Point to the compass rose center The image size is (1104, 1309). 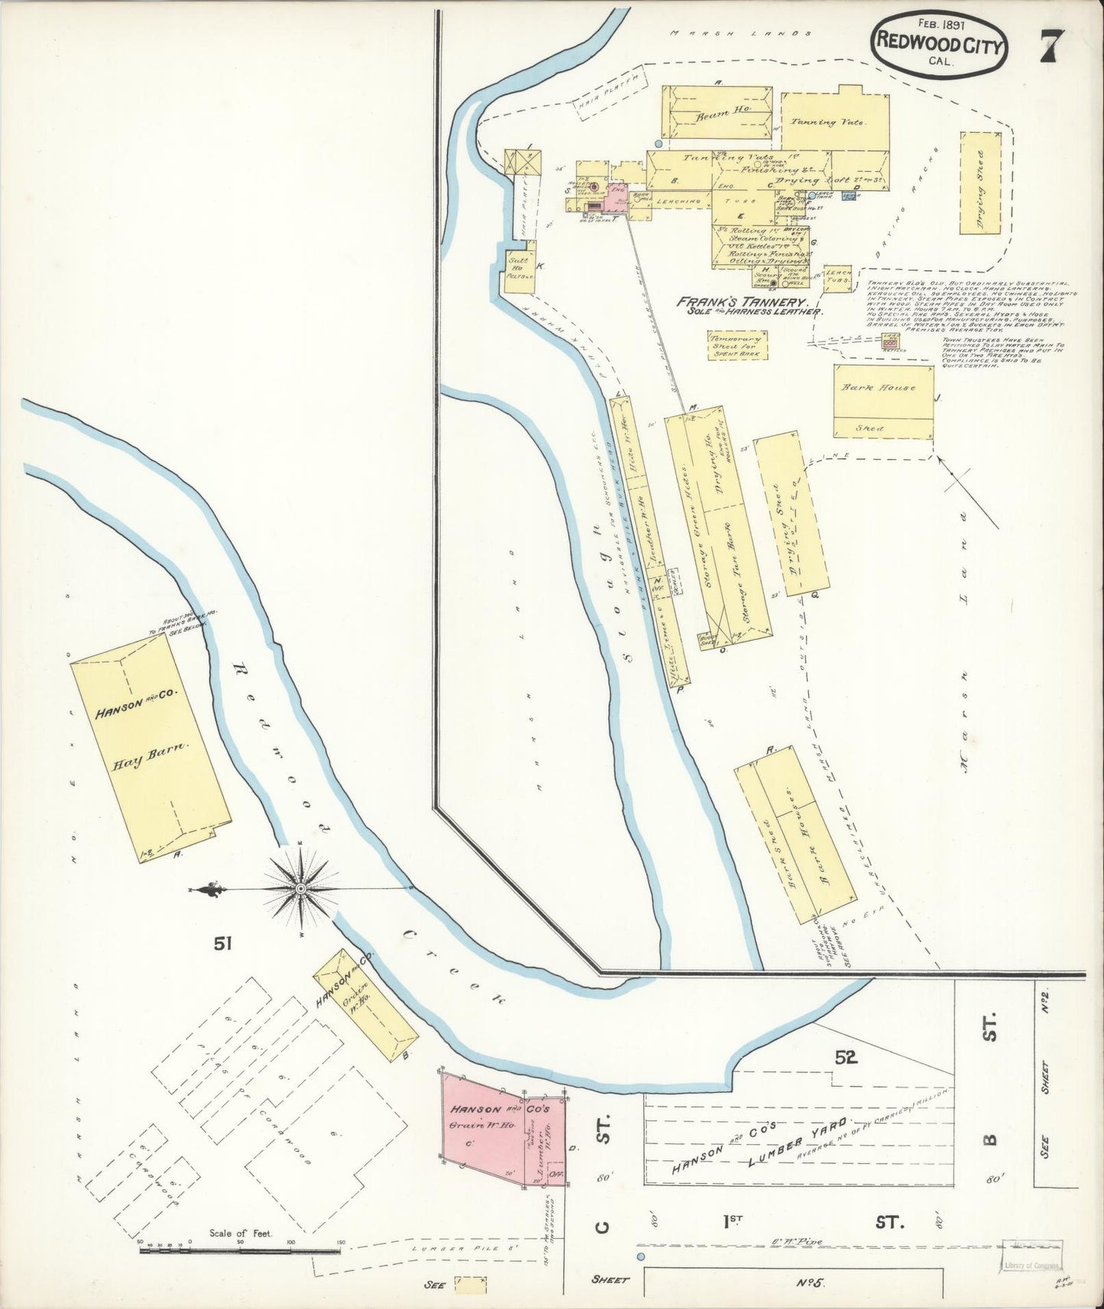301,889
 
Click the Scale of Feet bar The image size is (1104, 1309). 240,1251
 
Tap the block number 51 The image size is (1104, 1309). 222,944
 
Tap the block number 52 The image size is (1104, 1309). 845,1058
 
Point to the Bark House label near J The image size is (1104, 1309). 868,388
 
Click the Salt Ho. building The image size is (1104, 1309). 519,266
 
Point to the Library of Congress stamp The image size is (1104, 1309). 1031,1265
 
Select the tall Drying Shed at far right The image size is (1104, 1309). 980,182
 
